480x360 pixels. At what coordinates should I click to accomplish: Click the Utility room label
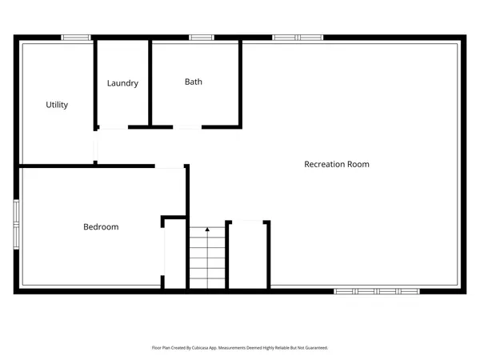point(57,105)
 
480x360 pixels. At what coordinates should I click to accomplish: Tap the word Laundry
point(123,83)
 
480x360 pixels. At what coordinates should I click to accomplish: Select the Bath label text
point(194,82)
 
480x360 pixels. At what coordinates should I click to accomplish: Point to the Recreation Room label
point(337,164)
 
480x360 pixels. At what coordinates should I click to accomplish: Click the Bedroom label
point(101,227)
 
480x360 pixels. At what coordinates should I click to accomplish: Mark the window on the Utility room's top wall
point(77,37)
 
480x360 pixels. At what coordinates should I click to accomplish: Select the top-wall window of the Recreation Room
point(297,37)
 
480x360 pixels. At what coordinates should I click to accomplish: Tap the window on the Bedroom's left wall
point(15,225)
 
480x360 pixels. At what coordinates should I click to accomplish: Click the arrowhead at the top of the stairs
point(207,230)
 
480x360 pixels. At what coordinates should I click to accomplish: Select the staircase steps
point(207,260)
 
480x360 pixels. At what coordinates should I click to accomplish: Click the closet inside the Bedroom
point(175,252)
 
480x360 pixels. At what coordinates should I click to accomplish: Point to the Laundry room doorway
point(111,127)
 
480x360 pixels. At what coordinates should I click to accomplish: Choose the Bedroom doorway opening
point(170,167)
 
